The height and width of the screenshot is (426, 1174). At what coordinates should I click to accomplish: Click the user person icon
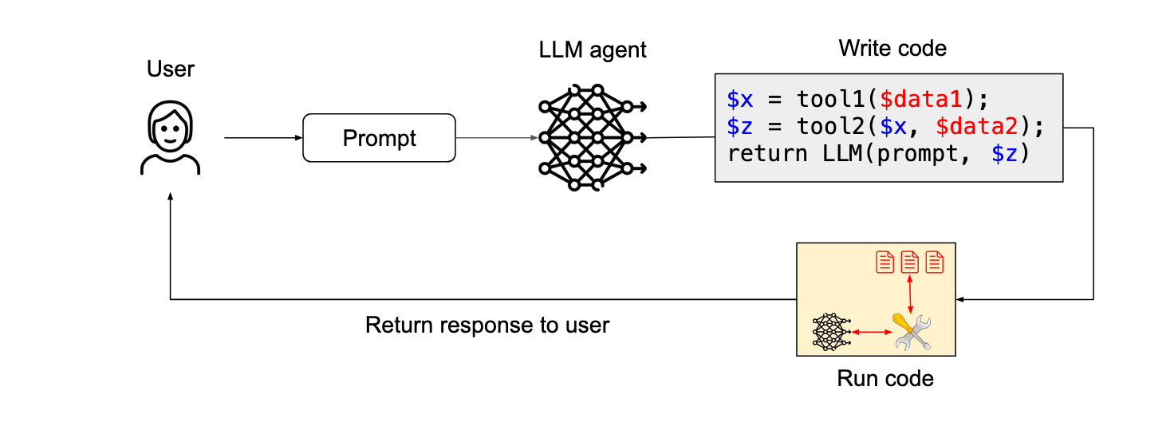170,140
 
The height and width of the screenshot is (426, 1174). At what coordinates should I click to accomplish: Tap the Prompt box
379,138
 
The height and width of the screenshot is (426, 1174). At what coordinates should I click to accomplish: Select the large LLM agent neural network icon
590,138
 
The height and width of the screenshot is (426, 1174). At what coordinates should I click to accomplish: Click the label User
170,69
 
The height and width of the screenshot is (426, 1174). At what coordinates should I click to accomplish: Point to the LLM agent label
592,50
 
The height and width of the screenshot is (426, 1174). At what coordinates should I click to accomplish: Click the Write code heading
892,49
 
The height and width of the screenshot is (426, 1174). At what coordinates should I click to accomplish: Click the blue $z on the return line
1005,154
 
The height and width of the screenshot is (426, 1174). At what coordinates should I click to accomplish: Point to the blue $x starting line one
739,100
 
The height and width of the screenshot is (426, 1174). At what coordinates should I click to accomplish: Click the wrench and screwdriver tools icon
912,331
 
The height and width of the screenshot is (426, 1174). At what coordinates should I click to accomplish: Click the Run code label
884,378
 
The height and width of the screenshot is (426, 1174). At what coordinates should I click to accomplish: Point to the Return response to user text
487,325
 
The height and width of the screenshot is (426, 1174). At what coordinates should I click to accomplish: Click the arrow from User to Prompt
263,138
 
